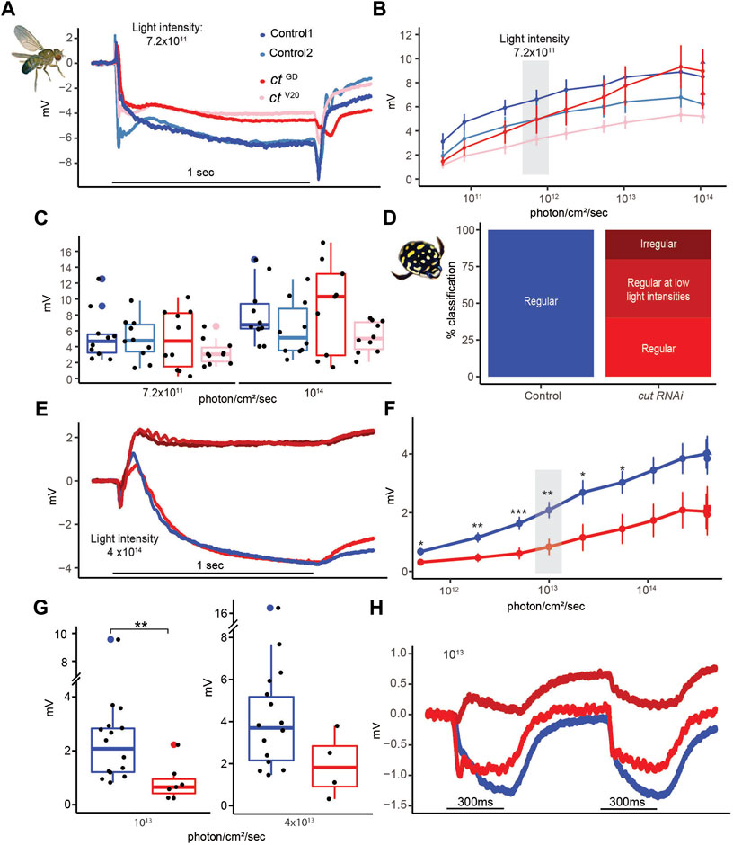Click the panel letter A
coord(12,10)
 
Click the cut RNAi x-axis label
coord(660,393)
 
